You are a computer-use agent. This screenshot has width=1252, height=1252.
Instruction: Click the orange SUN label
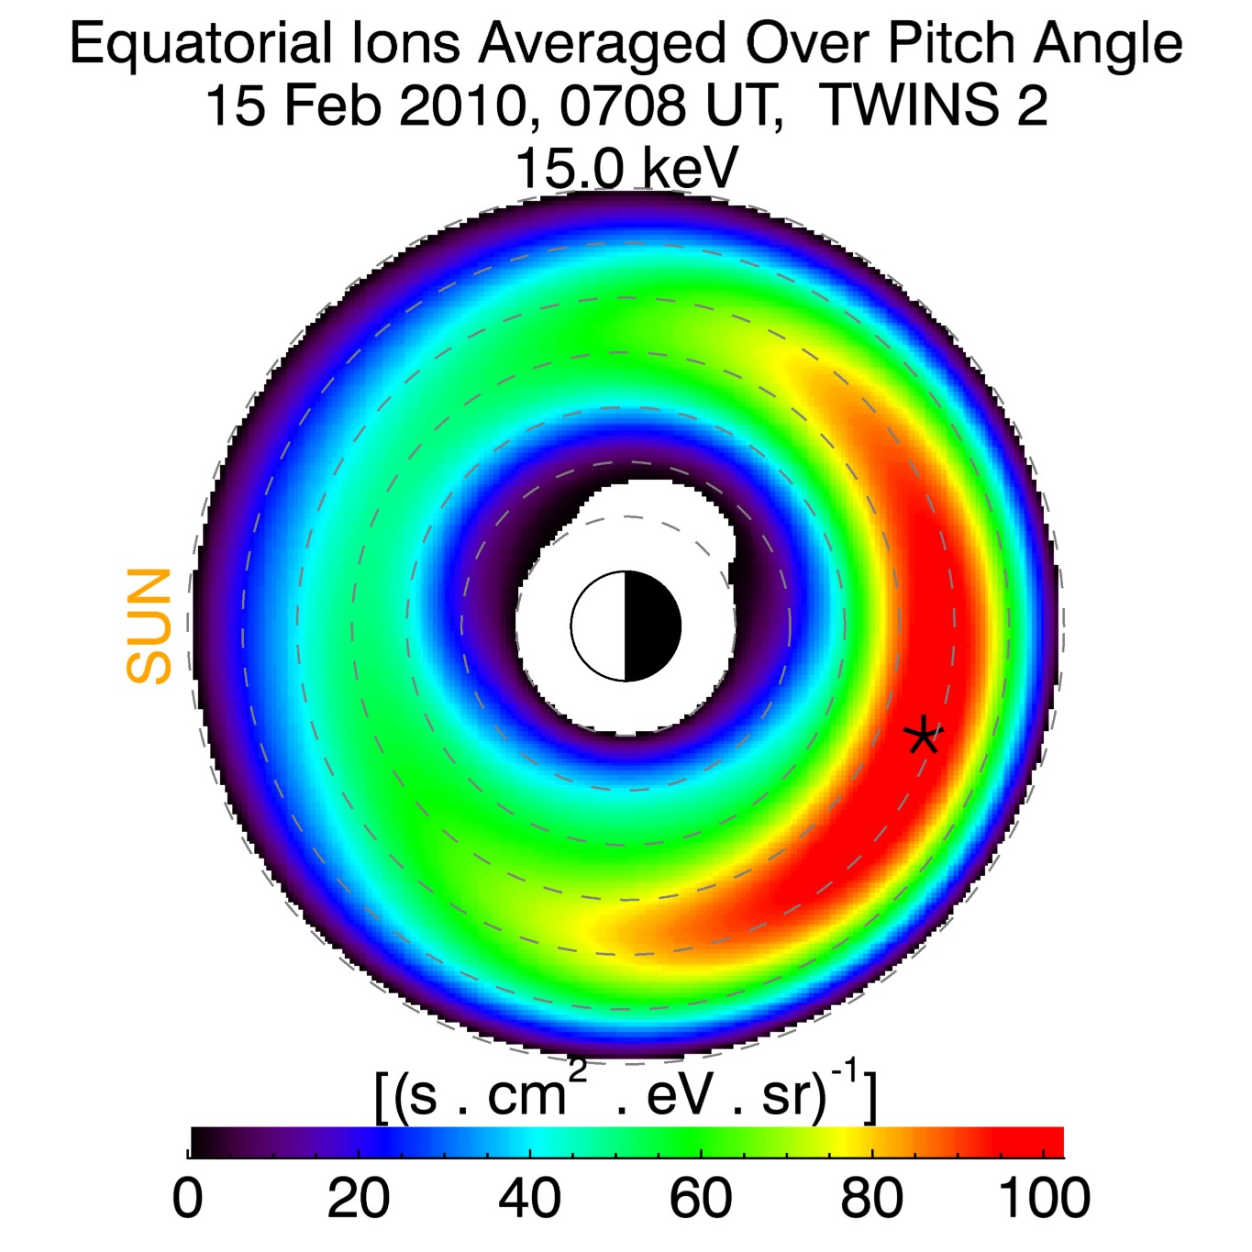[x=150, y=626]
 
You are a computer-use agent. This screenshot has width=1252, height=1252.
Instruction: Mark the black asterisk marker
[x=923, y=736]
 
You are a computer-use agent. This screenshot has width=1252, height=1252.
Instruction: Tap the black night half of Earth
[x=652, y=626]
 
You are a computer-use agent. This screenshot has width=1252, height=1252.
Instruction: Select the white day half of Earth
[x=598, y=626]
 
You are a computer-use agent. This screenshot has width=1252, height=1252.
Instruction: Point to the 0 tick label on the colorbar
[x=188, y=1198]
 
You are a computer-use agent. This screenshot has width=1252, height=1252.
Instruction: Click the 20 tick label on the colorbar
[x=358, y=1198]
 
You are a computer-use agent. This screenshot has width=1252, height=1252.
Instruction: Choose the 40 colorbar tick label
[x=529, y=1198]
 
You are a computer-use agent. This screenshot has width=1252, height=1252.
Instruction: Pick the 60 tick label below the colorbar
[x=701, y=1198]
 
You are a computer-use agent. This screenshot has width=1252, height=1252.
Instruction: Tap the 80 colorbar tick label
[x=871, y=1198]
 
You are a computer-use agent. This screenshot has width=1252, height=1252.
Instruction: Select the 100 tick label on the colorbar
[x=1044, y=1198]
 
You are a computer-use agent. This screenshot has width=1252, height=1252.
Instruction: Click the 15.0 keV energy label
[x=626, y=168]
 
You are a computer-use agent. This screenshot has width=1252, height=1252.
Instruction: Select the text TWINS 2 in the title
[x=933, y=105]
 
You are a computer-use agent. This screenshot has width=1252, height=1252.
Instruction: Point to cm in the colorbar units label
[x=526, y=1096]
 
